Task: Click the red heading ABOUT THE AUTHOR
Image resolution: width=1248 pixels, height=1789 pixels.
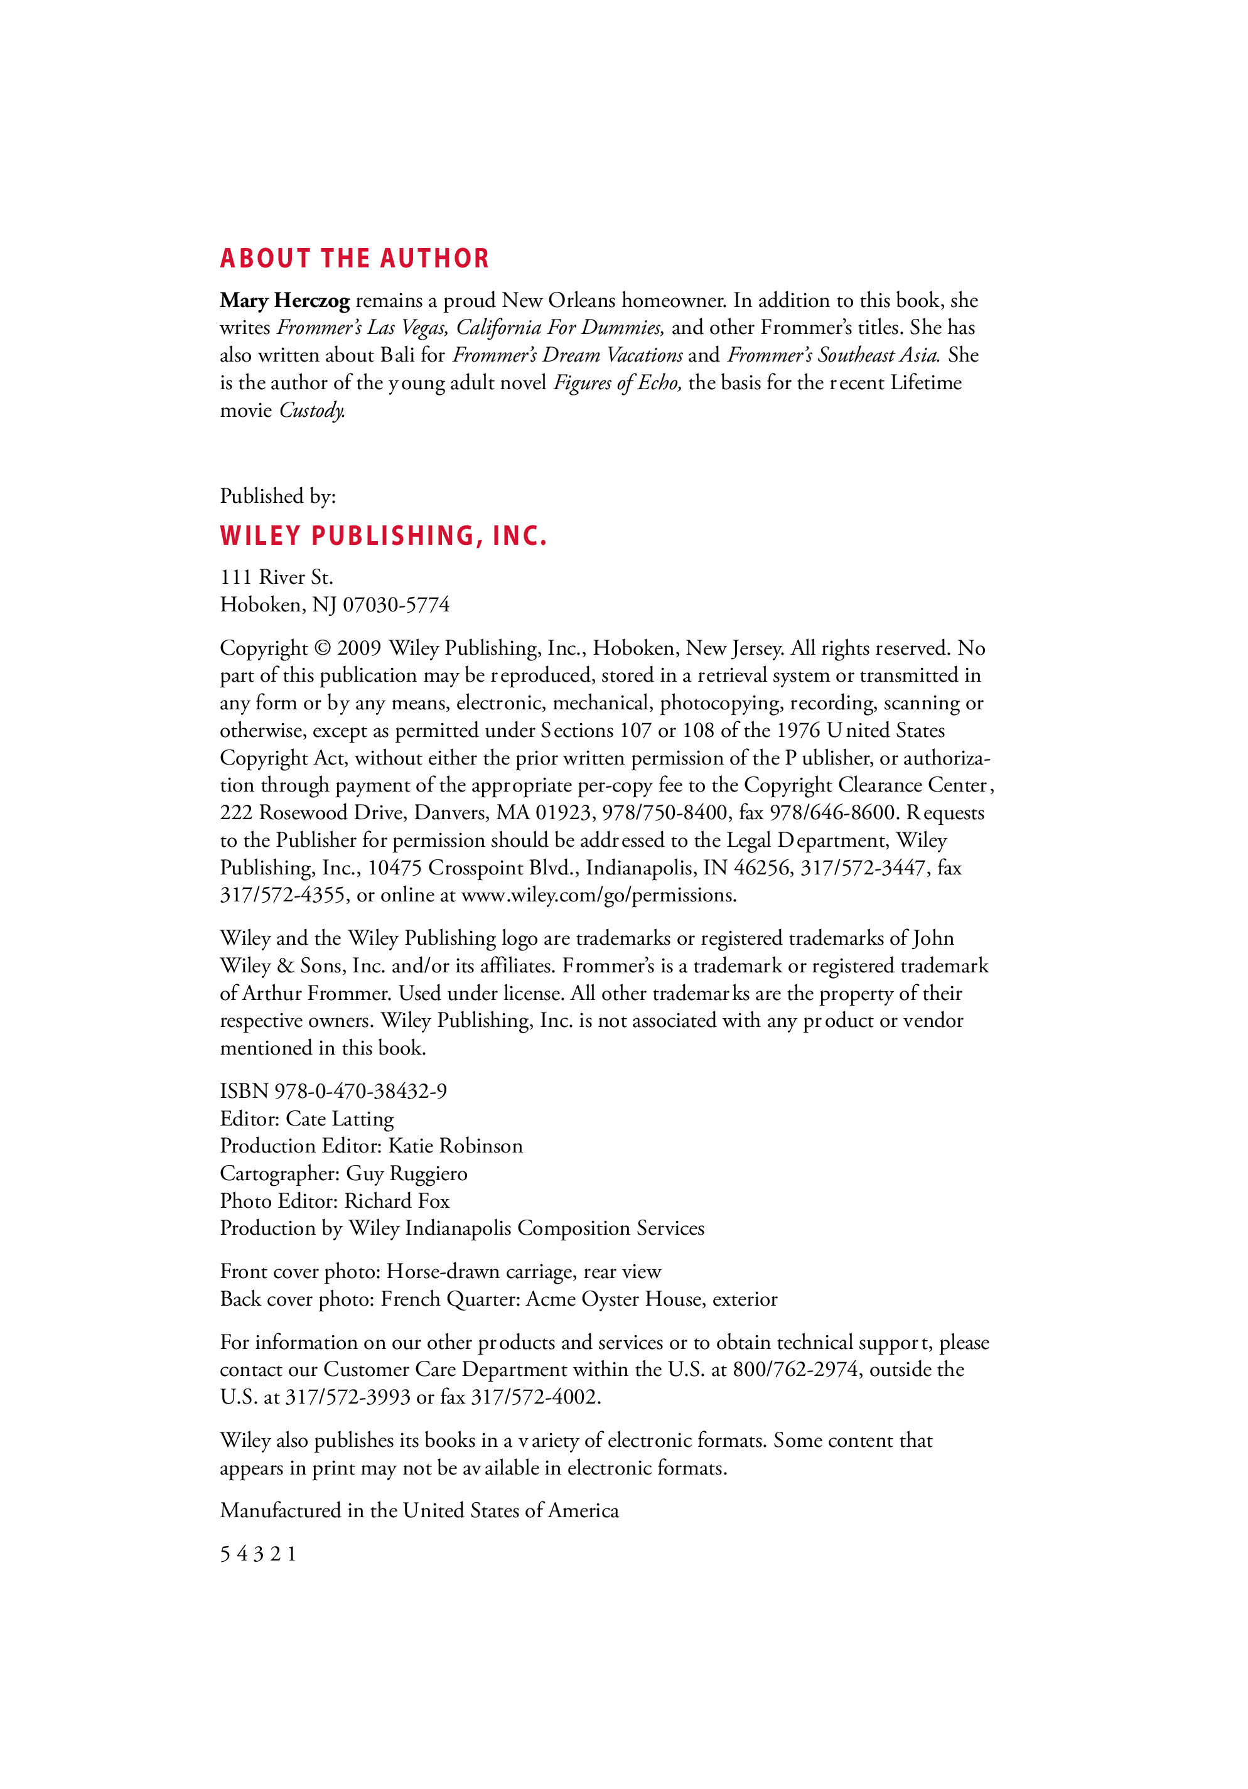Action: point(355,259)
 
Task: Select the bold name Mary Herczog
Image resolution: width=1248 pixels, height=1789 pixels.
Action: point(284,301)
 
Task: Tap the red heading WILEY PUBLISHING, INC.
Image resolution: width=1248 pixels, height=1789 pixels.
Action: point(384,536)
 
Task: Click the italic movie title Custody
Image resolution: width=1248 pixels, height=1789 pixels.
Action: point(311,411)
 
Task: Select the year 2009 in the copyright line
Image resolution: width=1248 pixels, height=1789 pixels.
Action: point(358,648)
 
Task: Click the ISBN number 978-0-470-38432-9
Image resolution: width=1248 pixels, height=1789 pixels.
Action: point(361,1091)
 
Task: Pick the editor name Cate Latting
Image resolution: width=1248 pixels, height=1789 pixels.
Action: point(340,1119)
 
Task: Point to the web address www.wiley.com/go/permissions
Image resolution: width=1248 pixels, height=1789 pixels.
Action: point(598,895)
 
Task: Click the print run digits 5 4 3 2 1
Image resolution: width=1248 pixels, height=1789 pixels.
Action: point(258,1554)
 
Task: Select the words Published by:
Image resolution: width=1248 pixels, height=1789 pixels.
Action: point(277,497)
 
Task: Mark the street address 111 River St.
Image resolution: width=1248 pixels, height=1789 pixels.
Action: point(277,578)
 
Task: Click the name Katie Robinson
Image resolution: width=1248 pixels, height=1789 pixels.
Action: point(456,1146)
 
